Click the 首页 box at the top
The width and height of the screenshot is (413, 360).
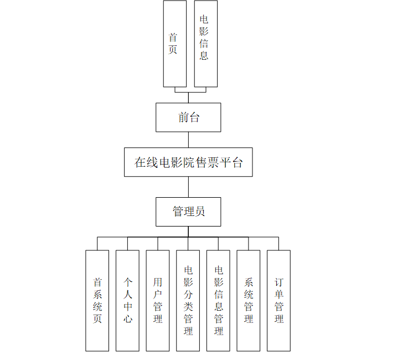click(x=174, y=44)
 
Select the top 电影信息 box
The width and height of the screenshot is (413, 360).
click(x=205, y=44)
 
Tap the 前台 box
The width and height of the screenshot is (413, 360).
click(x=188, y=117)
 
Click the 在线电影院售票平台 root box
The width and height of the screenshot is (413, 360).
click(x=188, y=162)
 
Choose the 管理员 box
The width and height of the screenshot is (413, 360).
click(x=188, y=212)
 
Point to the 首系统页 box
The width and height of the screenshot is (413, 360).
click(x=97, y=301)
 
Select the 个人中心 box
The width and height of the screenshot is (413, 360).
click(x=127, y=301)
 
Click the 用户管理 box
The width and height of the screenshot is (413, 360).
click(x=158, y=301)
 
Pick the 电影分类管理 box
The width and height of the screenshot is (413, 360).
click(x=188, y=301)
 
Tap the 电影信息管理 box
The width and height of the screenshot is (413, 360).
click(x=218, y=301)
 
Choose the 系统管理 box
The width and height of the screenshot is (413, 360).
click(x=249, y=301)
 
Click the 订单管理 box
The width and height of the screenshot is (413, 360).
click(x=278, y=301)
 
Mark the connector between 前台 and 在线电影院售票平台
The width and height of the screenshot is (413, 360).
click(x=188, y=140)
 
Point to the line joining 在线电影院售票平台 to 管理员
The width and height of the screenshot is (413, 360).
click(x=188, y=187)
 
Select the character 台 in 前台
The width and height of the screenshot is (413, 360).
click(x=194, y=117)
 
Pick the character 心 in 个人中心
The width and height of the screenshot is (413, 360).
click(x=128, y=319)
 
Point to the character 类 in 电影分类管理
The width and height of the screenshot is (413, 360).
click(x=189, y=307)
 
